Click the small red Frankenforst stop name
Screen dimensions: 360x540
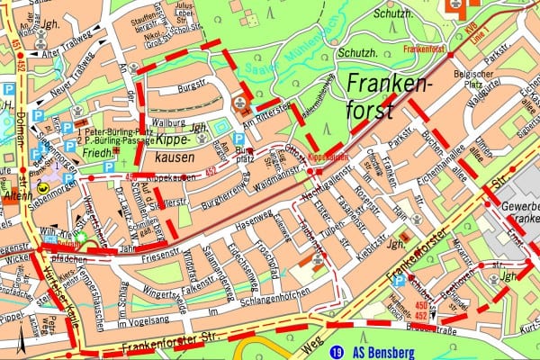pos(427,49)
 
